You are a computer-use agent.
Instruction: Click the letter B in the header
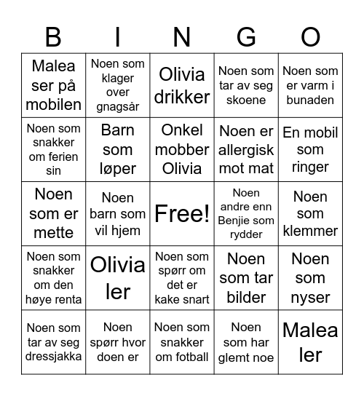pyautogui.click(x=53, y=36)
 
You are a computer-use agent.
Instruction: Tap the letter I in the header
pyautogui.click(x=118, y=36)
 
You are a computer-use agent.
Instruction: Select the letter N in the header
pyautogui.click(x=182, y=36)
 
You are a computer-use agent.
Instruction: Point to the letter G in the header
pyautogui.click(x=246, y=36)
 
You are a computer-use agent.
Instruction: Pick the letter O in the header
pyautogui.click(x=310, y=36)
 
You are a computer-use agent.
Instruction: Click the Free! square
pyautogui.click(x=182, y=214)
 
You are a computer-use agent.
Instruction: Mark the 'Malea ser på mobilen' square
pyautogui.click(x=53, y=85)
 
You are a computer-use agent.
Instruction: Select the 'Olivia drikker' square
pyautogui.click(x=182, y=85)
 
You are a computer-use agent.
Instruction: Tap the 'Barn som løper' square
pyautogui.click(x=118, y=149)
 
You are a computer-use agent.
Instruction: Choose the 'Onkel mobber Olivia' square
pyautogui.click(x=182, y=149)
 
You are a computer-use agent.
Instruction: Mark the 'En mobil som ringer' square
pyautogui.click(x=310, y=149)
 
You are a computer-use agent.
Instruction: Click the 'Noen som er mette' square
pyautogui.click(x=53, y=214)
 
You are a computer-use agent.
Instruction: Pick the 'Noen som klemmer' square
pyautogui.click(x=310, y=214)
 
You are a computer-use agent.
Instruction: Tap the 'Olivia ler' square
pyautogui.click(x=118, y=278)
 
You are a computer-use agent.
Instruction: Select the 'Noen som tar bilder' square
pyautogui.click(x=246, y=278)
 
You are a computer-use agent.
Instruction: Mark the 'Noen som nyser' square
pyautogui.click(x=310, y=278)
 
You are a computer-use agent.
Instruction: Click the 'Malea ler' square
pyautogui.click(x=310, y=342)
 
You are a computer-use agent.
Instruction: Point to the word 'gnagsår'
pyautogui.click(x=118, y=107)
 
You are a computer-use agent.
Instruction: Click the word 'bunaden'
pyautogui.click(x=310, y=100)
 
